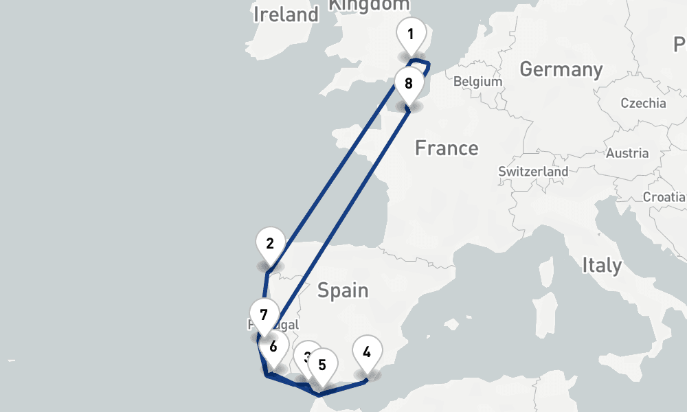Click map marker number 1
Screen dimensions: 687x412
tap(411, 34)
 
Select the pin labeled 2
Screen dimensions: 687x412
tap(270, 244)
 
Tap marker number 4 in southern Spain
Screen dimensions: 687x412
tap(367, 353)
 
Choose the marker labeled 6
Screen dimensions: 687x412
tap(273, 346)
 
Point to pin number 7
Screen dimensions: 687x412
tap(264, 315)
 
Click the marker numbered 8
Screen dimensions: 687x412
tap(409, 84)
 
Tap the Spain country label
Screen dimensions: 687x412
tap(343, 290)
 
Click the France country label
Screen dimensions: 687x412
tap(447, 148)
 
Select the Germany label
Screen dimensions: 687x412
tap(561, 69)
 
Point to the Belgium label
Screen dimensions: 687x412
tap(477, 81)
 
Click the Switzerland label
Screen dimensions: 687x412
tap(533, 171)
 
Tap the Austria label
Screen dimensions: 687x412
tap(627, 152)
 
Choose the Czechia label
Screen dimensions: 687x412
tap(643, 103)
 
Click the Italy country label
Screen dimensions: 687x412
tap(602, 265)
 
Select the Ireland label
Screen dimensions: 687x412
tap(286, 14)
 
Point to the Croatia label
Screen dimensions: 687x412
tap(664, 197)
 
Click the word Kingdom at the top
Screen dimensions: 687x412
tap(369, 5)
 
